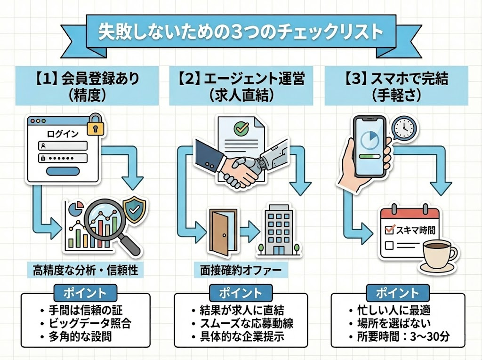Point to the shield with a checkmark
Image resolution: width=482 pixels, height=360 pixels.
coord(134,210)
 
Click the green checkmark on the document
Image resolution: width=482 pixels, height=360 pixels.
coord(241,128)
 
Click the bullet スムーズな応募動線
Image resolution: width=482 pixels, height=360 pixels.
coord(243,323)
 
